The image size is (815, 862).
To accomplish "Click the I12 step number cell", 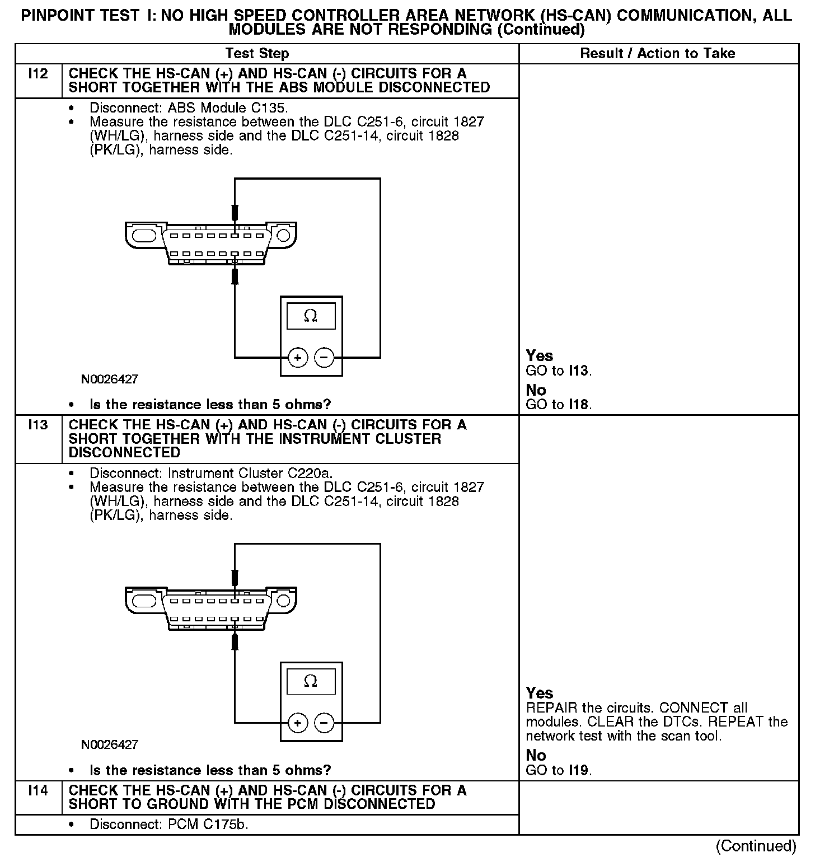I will [x=38, y=74].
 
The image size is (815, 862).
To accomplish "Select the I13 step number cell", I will [x=38, y=425].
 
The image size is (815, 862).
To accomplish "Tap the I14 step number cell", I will [x=38, y=791].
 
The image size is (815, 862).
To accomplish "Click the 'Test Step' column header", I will [x=257, y=54].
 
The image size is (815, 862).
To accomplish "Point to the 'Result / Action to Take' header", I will [x=658, y=54].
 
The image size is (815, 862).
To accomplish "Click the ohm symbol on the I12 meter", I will [x=311, y=316].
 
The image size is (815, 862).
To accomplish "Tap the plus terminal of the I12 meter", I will [x=298, y=357].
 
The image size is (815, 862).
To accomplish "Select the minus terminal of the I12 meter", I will [x=324, y=357].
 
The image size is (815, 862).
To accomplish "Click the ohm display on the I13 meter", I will [x=311, y=681].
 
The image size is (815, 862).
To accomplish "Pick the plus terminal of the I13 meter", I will [x=298, y=723].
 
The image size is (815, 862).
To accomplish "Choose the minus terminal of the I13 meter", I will [x=324, y=723].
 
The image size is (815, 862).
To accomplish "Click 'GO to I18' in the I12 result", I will [x=559, y=405].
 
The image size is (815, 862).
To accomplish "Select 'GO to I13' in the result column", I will [x=559, y=371].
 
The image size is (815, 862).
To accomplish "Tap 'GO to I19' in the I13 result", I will [x=559, y=770].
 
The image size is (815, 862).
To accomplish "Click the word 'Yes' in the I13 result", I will [x=540, y=694].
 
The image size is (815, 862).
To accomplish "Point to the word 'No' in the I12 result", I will [x=536, y=390].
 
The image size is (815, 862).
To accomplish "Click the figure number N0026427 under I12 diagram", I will [x=110, y=380].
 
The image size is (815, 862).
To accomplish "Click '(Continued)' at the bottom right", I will [x=756, y=846].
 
